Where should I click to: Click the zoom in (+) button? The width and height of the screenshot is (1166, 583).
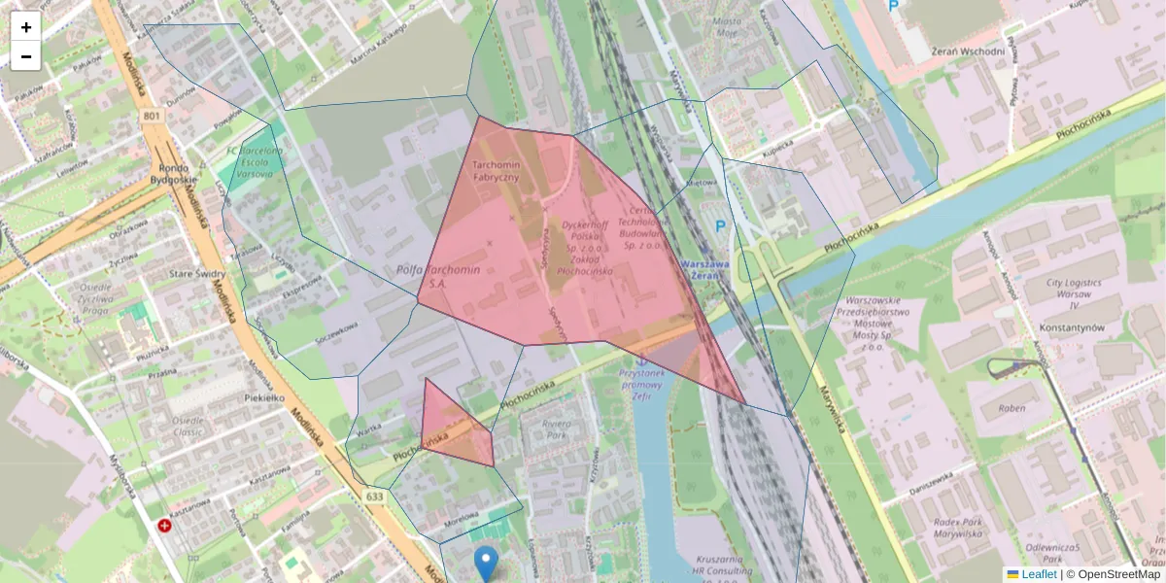click(x=26, y=26)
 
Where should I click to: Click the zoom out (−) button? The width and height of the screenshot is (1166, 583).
click(x=26, y=56)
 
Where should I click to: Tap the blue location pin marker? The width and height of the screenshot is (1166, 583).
click(x=486, y=563)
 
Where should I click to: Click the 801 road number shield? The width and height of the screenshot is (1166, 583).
click(x=151, y=117)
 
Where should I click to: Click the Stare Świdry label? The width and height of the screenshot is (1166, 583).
click(x=197, y=275)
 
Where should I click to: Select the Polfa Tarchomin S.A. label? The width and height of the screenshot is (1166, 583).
click(x=438, y=277)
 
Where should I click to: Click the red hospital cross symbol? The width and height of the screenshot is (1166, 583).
click(x=165, y=527)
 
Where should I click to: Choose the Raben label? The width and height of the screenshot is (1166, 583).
click(x=1012, y=408)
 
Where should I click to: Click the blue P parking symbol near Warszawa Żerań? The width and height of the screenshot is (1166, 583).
click(x=721, y=225)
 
